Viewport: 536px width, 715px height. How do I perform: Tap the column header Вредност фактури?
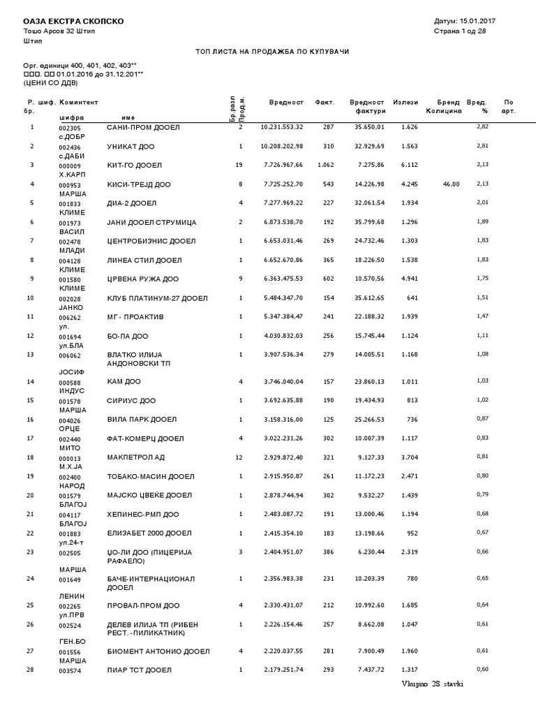click(x=367, y=107)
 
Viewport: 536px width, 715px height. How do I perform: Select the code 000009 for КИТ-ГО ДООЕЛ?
click(x=70, y=166)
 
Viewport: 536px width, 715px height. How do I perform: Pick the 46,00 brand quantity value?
click(x=451, y=184)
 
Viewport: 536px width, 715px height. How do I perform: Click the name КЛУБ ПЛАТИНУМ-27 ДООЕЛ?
click(x=157, y=297)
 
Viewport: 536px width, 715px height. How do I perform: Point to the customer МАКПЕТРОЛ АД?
click(x=135, y=457)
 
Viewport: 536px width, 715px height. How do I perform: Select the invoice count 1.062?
click(x=325, y=165)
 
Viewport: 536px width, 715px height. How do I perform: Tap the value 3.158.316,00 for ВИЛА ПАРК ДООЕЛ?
click(x=281, y=419)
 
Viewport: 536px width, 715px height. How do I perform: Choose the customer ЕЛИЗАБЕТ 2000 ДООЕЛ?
click(x=149, y=533)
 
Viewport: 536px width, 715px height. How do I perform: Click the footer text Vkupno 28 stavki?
click(x=431, y=684)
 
